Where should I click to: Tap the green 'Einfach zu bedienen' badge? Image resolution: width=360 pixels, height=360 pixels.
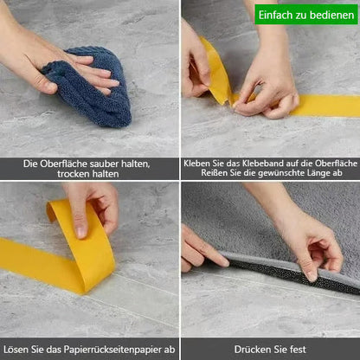tap(306, 13)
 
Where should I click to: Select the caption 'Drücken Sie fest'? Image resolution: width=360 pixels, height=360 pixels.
tap(270, 350)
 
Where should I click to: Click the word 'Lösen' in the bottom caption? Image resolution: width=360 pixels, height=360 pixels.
tap(28, 350)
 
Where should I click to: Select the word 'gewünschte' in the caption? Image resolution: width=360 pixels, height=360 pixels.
tap(265, 174)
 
